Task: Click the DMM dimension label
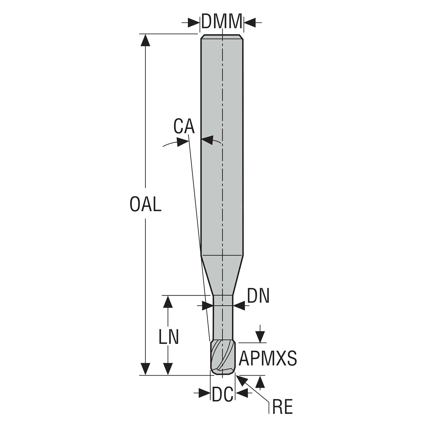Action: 222,21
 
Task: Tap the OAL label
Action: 145,204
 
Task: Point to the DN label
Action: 258,296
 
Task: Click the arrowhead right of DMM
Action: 250,22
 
